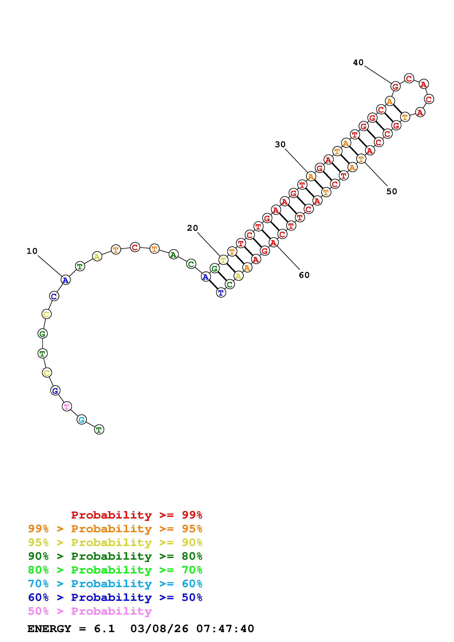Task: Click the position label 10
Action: click(32, 251)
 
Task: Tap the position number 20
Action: click(192, 228)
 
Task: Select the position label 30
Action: click(280, 145)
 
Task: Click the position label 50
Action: click(392, 192)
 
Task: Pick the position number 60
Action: click(304, 275)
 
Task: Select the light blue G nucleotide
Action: click(81, 419)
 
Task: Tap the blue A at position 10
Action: click(65, 280)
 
